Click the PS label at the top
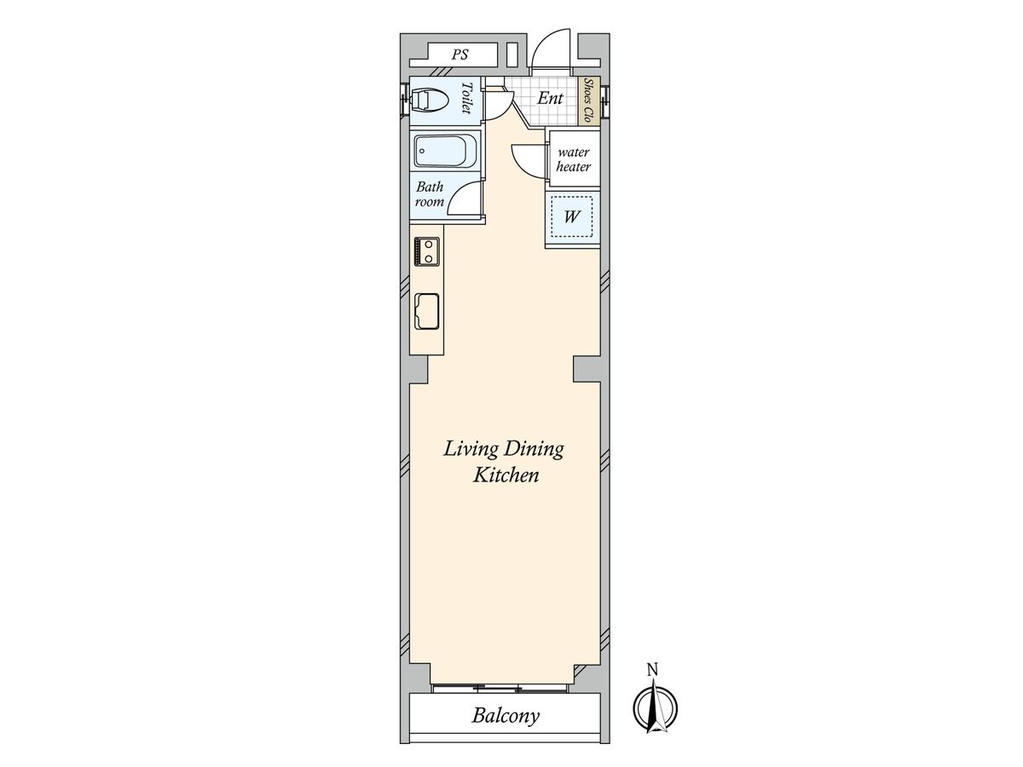(x=459, y=55)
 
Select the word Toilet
(x=466, y=98)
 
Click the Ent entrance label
(x=550, y=98)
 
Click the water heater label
(x=573, y=159)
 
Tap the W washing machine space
(x=572, y=216)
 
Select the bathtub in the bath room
(x=445, y=151)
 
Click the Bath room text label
(x=430, y=194)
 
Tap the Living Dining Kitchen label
(x=505, y=462)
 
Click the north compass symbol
(x=655, y=709)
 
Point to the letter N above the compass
(x=653, y=670)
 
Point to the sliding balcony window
(x=499, y=688)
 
